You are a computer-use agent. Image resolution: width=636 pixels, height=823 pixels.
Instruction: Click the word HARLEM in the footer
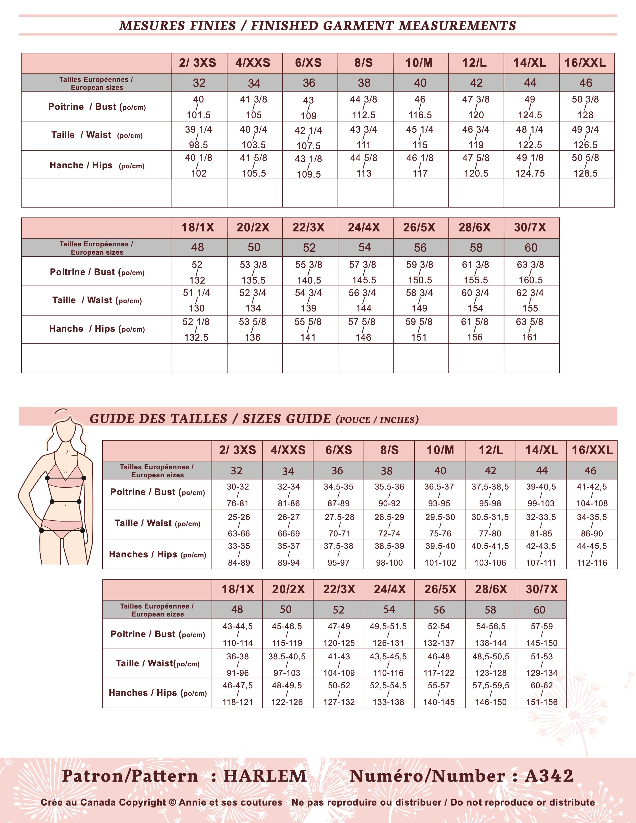coord(265,776)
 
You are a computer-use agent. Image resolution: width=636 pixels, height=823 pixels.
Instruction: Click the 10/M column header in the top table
coord(419,63)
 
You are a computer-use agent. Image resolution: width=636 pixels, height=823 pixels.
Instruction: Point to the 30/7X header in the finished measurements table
coord(530,228)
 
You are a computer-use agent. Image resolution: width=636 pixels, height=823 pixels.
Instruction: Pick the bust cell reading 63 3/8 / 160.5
coord(530,272)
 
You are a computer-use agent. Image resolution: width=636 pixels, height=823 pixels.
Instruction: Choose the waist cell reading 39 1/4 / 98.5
coord(199,137)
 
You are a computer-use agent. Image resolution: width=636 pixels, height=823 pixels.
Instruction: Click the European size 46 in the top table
coord(586,83)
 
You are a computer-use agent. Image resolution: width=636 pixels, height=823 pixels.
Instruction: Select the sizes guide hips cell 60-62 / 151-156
coord(542,694)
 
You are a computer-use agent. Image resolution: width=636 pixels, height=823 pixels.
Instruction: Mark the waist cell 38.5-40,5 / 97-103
coord(287,664)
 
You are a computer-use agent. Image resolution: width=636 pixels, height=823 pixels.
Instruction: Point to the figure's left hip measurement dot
coord(42,530)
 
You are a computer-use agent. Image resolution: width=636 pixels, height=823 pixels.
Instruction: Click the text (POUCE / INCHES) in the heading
coord(377,420)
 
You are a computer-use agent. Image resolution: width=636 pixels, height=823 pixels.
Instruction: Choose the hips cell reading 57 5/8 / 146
coord(363,329)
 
